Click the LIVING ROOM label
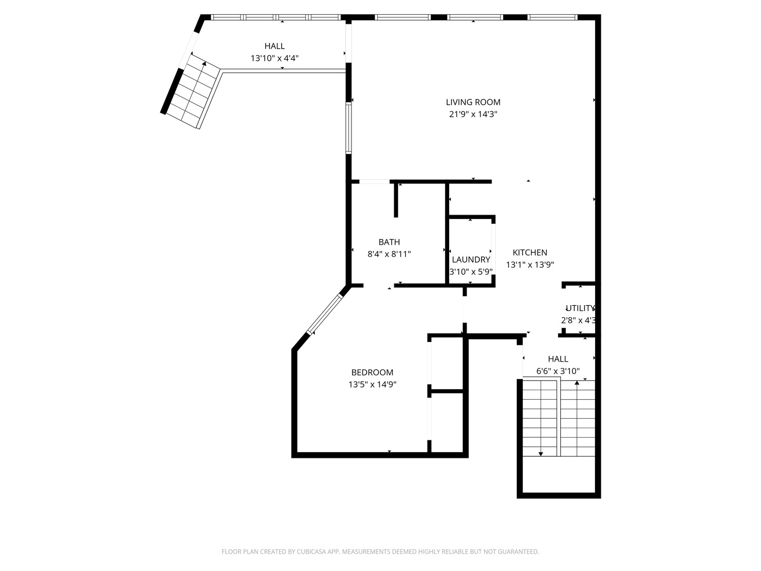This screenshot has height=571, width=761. pos(473,102)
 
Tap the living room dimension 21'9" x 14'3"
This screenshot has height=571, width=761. pos(473,114)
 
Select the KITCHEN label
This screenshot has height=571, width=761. pos(530,253)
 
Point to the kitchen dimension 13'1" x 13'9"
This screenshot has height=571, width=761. pos(530,265)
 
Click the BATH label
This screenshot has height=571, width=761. pos(389,242)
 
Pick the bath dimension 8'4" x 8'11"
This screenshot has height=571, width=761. pos(389,254)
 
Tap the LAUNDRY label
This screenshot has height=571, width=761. pos(471,260)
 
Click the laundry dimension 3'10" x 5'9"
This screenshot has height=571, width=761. pos(471,272)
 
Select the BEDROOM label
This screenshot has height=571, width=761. pos(372,372)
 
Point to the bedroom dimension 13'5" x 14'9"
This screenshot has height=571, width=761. pos(372,385)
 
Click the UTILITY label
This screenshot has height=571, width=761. pos(580,308)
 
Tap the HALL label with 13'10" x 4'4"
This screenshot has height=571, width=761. pos(274,46)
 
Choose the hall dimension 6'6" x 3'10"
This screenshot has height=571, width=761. pos(558,371)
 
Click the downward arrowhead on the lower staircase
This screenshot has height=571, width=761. pos(541,454)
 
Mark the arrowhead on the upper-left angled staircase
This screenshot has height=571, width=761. pos(204,64)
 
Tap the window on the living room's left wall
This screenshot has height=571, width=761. pos(349,128)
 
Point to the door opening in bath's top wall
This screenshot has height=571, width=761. pos(375,182)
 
